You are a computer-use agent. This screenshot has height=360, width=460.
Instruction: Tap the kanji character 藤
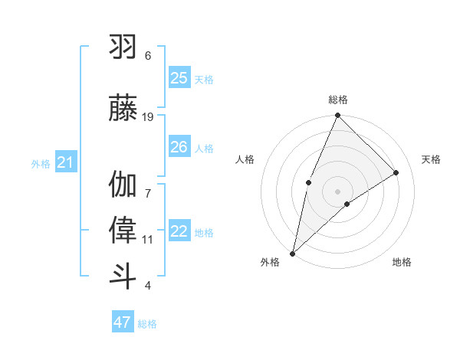123,108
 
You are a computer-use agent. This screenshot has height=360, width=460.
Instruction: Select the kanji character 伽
123,185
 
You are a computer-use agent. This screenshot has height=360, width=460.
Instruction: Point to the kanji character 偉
123,231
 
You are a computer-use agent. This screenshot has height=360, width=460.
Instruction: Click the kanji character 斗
123,276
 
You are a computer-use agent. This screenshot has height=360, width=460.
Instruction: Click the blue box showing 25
179,78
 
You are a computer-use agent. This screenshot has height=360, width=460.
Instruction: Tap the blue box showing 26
179,147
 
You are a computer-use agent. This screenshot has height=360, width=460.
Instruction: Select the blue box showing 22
179,232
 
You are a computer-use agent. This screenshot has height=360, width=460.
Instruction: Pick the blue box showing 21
65,162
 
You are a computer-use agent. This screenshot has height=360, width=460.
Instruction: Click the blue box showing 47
123,322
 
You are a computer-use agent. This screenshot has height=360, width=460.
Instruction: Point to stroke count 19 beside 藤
148,117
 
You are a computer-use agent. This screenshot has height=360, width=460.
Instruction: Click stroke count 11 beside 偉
148,240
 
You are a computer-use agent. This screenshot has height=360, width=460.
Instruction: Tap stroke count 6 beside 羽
148,56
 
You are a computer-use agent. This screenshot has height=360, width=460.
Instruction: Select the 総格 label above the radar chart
337,100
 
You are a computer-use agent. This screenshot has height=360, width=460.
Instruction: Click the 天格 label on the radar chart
431,159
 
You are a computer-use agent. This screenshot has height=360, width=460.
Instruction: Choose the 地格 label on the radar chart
402,262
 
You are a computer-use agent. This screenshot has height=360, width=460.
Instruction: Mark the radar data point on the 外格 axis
292,253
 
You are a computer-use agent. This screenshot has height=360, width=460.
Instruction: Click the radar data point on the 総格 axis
337,116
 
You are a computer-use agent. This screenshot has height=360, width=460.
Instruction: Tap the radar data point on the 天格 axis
396,172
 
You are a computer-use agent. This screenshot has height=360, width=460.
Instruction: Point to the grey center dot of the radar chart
337,191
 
